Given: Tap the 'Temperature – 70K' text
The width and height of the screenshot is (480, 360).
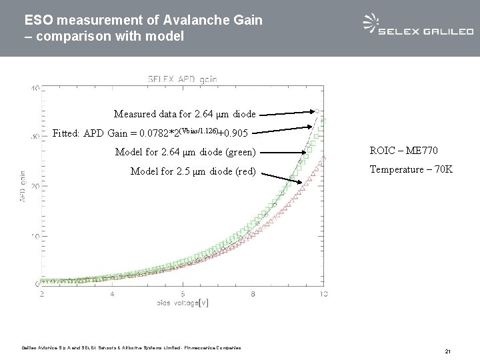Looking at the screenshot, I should click(411, 169).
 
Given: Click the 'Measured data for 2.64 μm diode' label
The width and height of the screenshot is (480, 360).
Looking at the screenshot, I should click(185, 113).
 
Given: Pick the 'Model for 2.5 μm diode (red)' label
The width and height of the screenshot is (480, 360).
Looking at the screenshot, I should click(193, 171).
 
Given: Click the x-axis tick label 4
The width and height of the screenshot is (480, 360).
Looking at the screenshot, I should click(112, 293).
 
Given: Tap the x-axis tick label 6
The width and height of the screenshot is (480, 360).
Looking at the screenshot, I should click(183, 293).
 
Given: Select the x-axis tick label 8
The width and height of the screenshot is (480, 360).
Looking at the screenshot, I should click(253, 293).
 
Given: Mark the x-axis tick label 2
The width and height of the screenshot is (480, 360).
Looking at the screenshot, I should click(42, 293).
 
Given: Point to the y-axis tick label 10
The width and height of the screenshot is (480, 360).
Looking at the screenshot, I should click(33, 237).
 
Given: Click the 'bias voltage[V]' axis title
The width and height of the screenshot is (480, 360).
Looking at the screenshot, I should click(181, 304).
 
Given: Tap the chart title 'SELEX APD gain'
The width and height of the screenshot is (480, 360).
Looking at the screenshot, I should click(182, 79).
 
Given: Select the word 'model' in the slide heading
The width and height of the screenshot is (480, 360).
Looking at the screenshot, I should click(167, 37).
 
